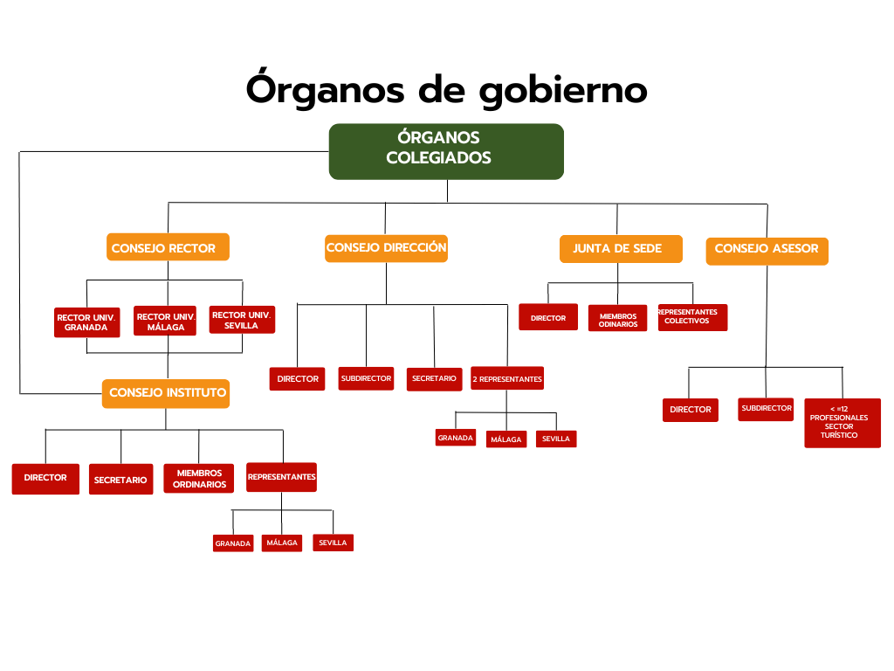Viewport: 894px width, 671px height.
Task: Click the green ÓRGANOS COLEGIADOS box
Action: coord(446,152)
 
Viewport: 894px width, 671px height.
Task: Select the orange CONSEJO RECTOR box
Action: coord(168,247)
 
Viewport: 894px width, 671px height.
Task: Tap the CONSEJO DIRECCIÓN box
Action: coord(386,249)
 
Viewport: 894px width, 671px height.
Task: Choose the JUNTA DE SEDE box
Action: coord(621,249)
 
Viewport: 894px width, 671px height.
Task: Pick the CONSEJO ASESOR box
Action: coord(767,251)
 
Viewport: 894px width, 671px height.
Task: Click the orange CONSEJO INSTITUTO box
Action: coord(166,394)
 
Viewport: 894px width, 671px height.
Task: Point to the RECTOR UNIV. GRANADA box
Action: coord(86,322)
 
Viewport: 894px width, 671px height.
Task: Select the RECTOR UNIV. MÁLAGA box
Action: coord(165,321)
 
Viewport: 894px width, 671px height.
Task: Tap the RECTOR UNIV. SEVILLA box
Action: coord(243,320)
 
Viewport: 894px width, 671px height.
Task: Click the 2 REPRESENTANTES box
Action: coord(507,378)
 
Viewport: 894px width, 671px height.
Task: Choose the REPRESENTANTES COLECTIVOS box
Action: coord(692,317)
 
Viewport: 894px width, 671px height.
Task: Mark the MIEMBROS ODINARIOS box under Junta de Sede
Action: coord(617,318)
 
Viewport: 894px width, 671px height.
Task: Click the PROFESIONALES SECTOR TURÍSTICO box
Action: coord(842,423)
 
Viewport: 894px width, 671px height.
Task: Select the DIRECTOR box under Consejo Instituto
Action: coord(45,479)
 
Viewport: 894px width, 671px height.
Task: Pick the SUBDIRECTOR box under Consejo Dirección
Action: coord(366,378)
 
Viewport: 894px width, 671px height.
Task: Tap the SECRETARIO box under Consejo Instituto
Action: coord(120,480)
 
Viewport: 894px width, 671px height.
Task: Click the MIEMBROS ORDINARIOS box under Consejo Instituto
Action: coord(199,478)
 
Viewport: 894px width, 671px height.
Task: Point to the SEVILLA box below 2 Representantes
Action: coord(556,439)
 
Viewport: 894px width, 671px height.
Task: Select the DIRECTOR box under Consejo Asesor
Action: coord(691,410)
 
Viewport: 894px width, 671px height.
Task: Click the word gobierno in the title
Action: coord(563,91)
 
